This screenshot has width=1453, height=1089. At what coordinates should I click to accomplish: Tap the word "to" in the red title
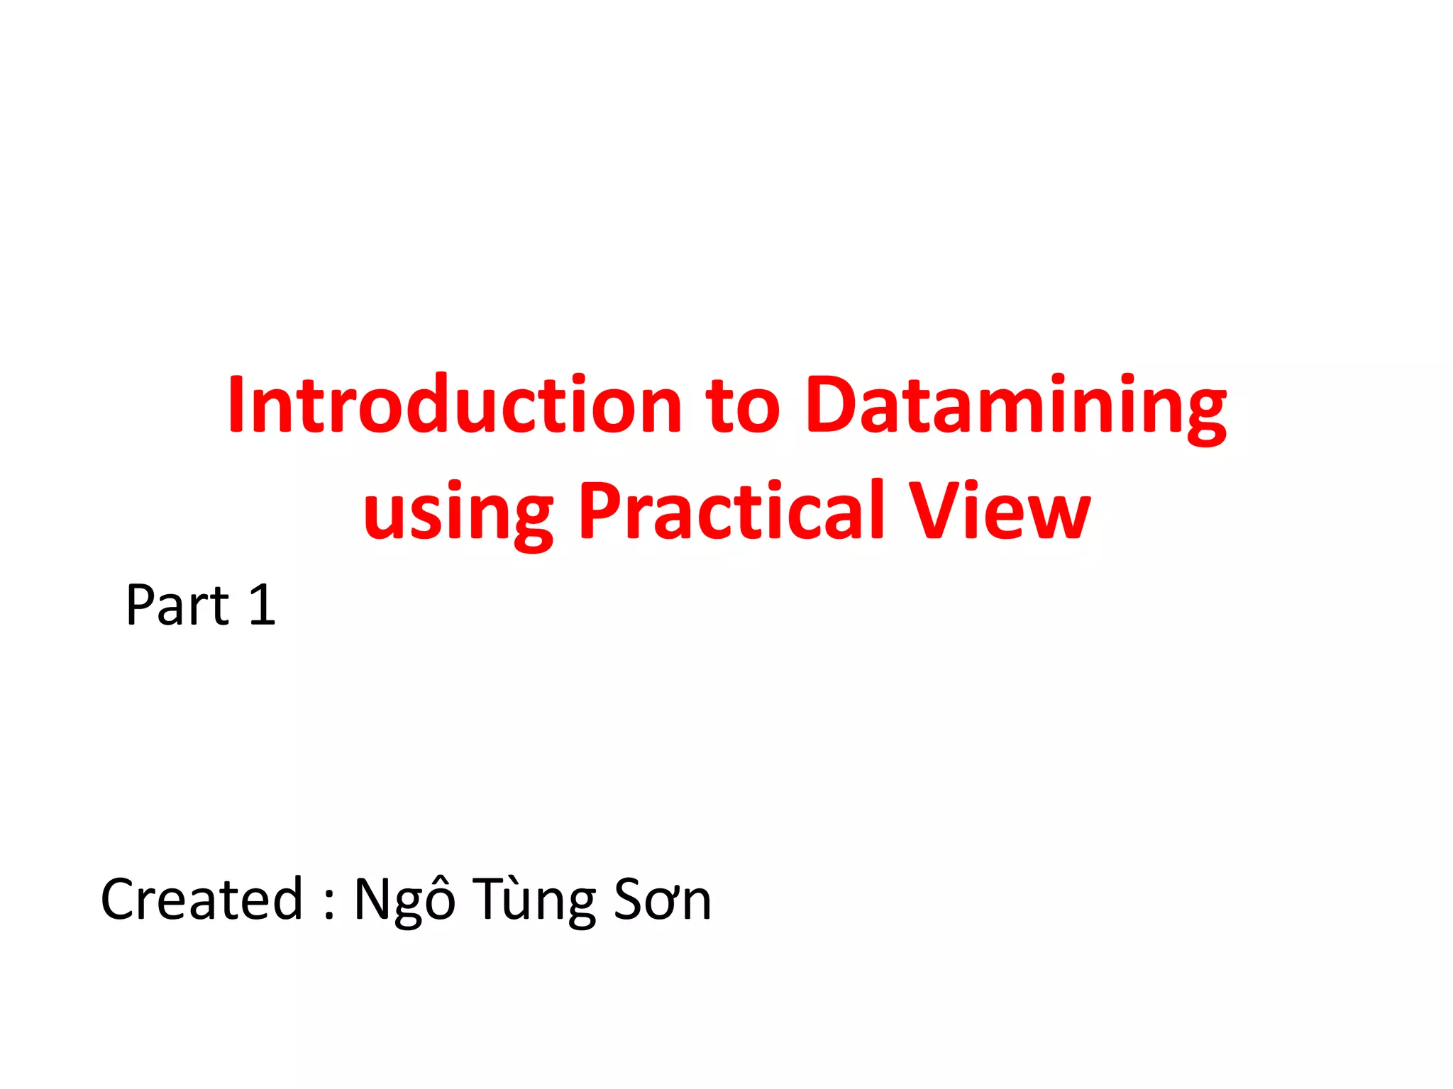coord(742,406)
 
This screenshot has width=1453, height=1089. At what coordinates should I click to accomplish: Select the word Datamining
coord(1016,406)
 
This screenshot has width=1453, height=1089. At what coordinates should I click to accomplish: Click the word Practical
coord(731,510)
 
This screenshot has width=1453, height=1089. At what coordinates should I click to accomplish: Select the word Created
coord(202,899)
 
